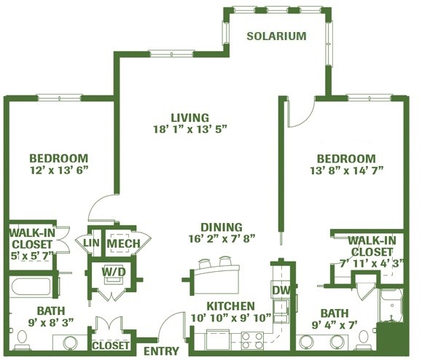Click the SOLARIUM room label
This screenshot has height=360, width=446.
[x=276, y=36]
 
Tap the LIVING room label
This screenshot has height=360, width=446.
[x=189, y=117]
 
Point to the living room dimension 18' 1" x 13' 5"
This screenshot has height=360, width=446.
[x=190, y=130]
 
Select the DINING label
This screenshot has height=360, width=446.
[x=222, y=227]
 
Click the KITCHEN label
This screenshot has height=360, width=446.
[x=230, y=306]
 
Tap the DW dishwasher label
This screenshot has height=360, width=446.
[x=281, y=290]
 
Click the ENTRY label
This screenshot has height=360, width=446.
[x=161, y=351]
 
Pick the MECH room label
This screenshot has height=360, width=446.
[x=123, y=243]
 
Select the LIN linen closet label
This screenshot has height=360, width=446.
[x=91, y=243]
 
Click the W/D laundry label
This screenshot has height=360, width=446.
[x=114, y=272]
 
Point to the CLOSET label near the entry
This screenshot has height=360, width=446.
[x=111, y=345]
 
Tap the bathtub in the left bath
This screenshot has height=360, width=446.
[x=31, y=287]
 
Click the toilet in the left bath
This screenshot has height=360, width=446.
[x=21, y=340]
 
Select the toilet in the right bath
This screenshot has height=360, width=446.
[x=363, y=340]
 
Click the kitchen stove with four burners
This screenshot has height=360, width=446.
[x=252, y=340]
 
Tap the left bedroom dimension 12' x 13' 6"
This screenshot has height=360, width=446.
[x=59, y=171]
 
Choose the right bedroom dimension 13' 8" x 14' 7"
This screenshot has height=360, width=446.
[x=347, y=171]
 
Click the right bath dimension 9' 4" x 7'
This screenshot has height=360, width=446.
[x=334, y=324]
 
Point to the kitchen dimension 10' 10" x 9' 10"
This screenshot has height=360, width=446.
[x=231, y=318]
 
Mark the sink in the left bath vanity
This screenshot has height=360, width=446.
[x=70, y=343]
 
